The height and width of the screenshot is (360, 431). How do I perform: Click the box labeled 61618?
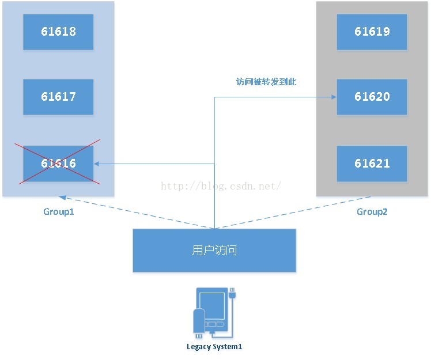[58, 31]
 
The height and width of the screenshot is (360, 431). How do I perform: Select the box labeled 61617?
[58, 97]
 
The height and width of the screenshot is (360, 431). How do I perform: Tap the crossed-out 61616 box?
[58, 163]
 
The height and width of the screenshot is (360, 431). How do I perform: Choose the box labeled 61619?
[372, 31]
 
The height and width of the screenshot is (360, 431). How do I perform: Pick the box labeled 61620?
[372, 97]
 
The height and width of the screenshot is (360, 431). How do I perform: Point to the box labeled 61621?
[372, 163]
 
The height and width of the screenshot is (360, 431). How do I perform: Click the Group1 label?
[59, 211]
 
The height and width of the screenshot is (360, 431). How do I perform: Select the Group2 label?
[372, 211]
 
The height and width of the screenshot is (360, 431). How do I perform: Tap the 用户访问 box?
[214, 251]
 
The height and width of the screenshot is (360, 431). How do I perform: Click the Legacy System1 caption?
[214, 347]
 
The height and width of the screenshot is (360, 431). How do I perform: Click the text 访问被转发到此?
[266, 82]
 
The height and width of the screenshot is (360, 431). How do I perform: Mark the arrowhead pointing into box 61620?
[334, 97]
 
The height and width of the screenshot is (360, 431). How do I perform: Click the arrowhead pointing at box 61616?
[97, 164]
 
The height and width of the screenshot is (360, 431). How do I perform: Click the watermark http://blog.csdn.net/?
[221, 186]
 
